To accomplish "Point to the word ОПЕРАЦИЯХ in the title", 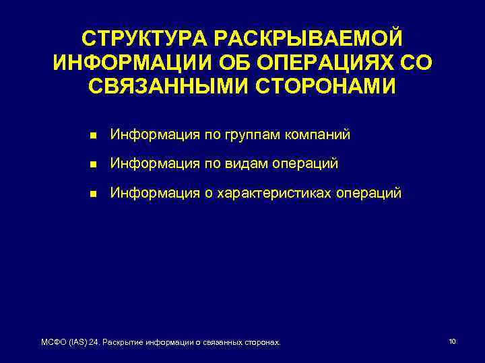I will pyautogui.click(x=327, y=63).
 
